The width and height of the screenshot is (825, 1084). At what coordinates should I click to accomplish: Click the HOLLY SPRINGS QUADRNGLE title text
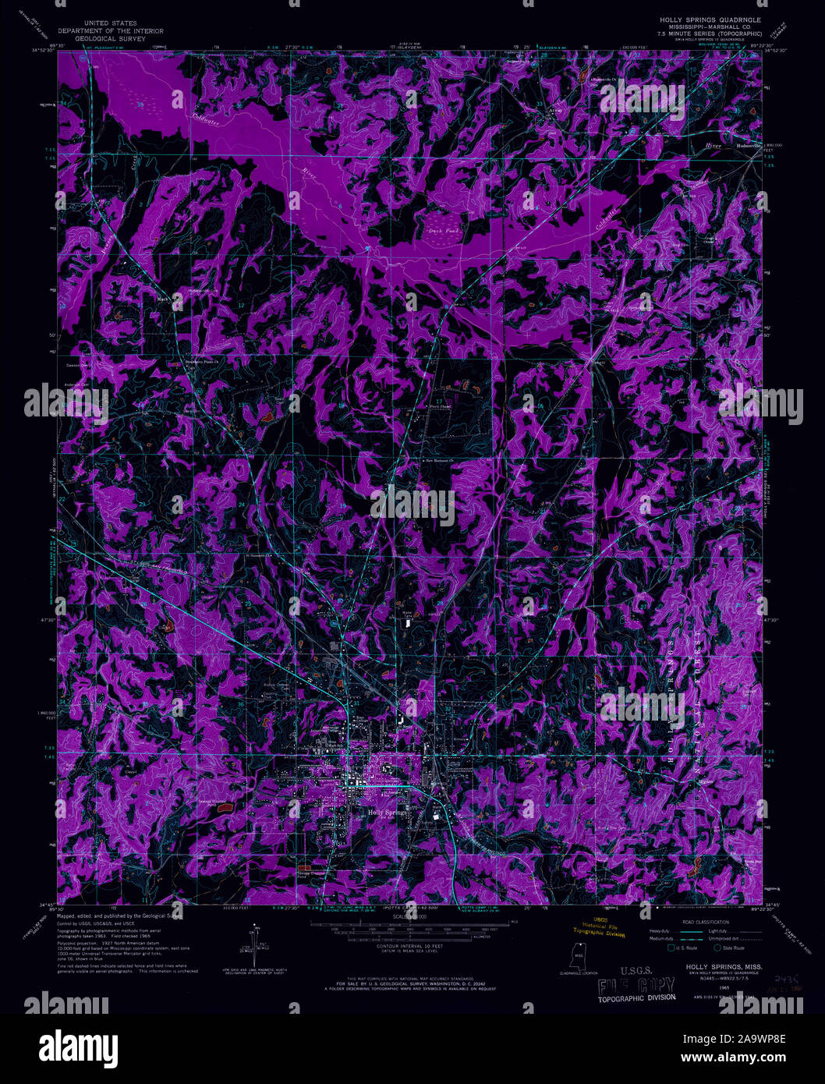click(x=710, y=18)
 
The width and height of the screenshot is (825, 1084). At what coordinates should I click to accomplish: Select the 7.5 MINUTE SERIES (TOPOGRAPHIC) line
click(x=710, y=35)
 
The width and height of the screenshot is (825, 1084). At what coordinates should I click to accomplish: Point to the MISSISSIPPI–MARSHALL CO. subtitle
click(x=710, y=27)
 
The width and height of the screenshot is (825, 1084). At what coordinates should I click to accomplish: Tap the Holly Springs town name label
click(x=385, y=812)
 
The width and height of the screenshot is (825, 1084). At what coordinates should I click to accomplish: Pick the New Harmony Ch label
click(x=441, y=462)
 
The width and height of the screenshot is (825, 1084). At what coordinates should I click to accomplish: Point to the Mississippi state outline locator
click(x=579, y=955)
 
